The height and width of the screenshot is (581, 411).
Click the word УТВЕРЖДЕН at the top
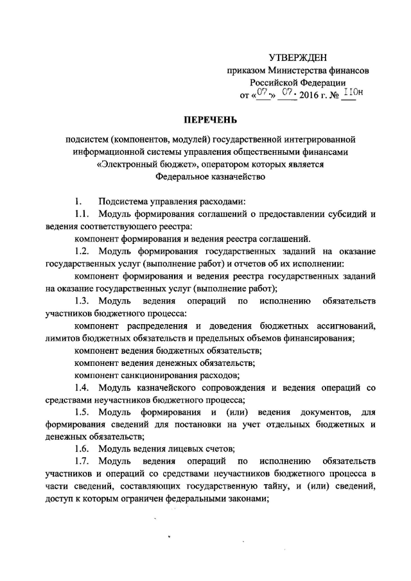pos(298,58)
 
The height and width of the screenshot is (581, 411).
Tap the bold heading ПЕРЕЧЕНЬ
pos(205,119)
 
